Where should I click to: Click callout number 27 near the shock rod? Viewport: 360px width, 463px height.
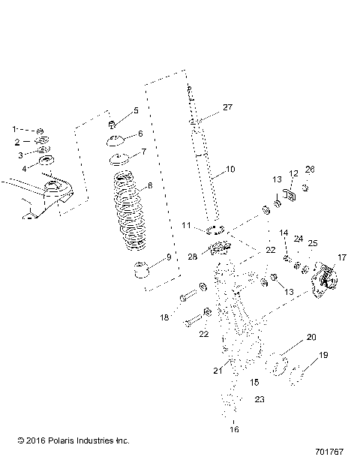tap(228, 107)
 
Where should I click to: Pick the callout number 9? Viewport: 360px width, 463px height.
tap(168, 257)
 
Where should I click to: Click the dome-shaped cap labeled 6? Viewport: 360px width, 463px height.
tap(115, 141)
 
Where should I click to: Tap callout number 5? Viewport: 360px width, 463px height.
tap(135, 110)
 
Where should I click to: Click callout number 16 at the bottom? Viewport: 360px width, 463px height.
tap(234, 430)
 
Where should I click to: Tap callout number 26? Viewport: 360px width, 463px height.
tap(310, 190)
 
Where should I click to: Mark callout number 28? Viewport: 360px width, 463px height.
tap(194, 257)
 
